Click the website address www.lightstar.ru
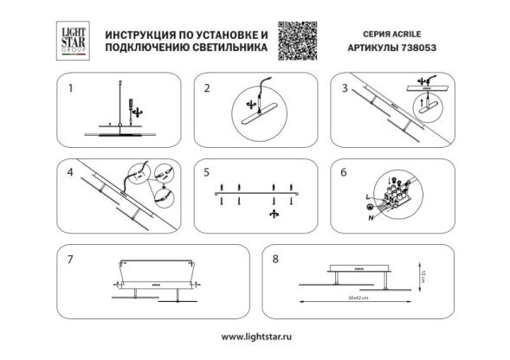(x=255, y=336)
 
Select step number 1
(x=71, y=88)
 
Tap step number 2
(x=207, y=88)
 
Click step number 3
(x=345, y=88)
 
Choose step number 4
(x=71, y=171)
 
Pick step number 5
(x=207, y=171)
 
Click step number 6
(x=345, y=171)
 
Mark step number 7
(x=71, y=258)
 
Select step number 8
(x=276, y=258)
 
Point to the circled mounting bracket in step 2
(x=255, y=112)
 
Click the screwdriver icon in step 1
(x=132, y=109)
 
